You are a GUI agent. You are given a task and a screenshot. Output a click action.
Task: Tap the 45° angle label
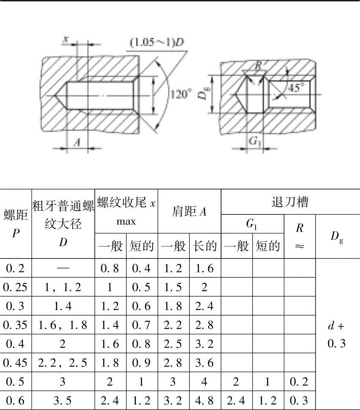296,88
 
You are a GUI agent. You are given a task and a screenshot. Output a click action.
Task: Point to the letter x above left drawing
65,40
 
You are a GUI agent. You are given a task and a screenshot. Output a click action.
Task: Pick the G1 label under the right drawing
255,141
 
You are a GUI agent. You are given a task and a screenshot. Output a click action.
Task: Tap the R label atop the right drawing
259,65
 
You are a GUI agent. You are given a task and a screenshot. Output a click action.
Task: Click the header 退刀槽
290,202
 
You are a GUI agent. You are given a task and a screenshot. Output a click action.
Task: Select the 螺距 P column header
16,224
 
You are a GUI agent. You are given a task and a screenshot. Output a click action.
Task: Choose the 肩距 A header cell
189,211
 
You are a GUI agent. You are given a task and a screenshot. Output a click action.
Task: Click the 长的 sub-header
205,246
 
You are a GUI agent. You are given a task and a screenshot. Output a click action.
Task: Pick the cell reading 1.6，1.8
63,325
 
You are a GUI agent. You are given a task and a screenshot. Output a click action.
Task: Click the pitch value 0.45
15,363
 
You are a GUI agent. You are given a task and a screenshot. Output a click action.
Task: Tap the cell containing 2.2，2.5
63,363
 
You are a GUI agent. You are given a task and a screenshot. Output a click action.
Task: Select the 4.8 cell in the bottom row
205,400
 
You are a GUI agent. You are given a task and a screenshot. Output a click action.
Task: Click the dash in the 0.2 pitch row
63,268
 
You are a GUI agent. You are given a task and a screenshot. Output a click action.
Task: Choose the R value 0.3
299,400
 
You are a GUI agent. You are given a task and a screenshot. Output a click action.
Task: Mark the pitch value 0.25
15,287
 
